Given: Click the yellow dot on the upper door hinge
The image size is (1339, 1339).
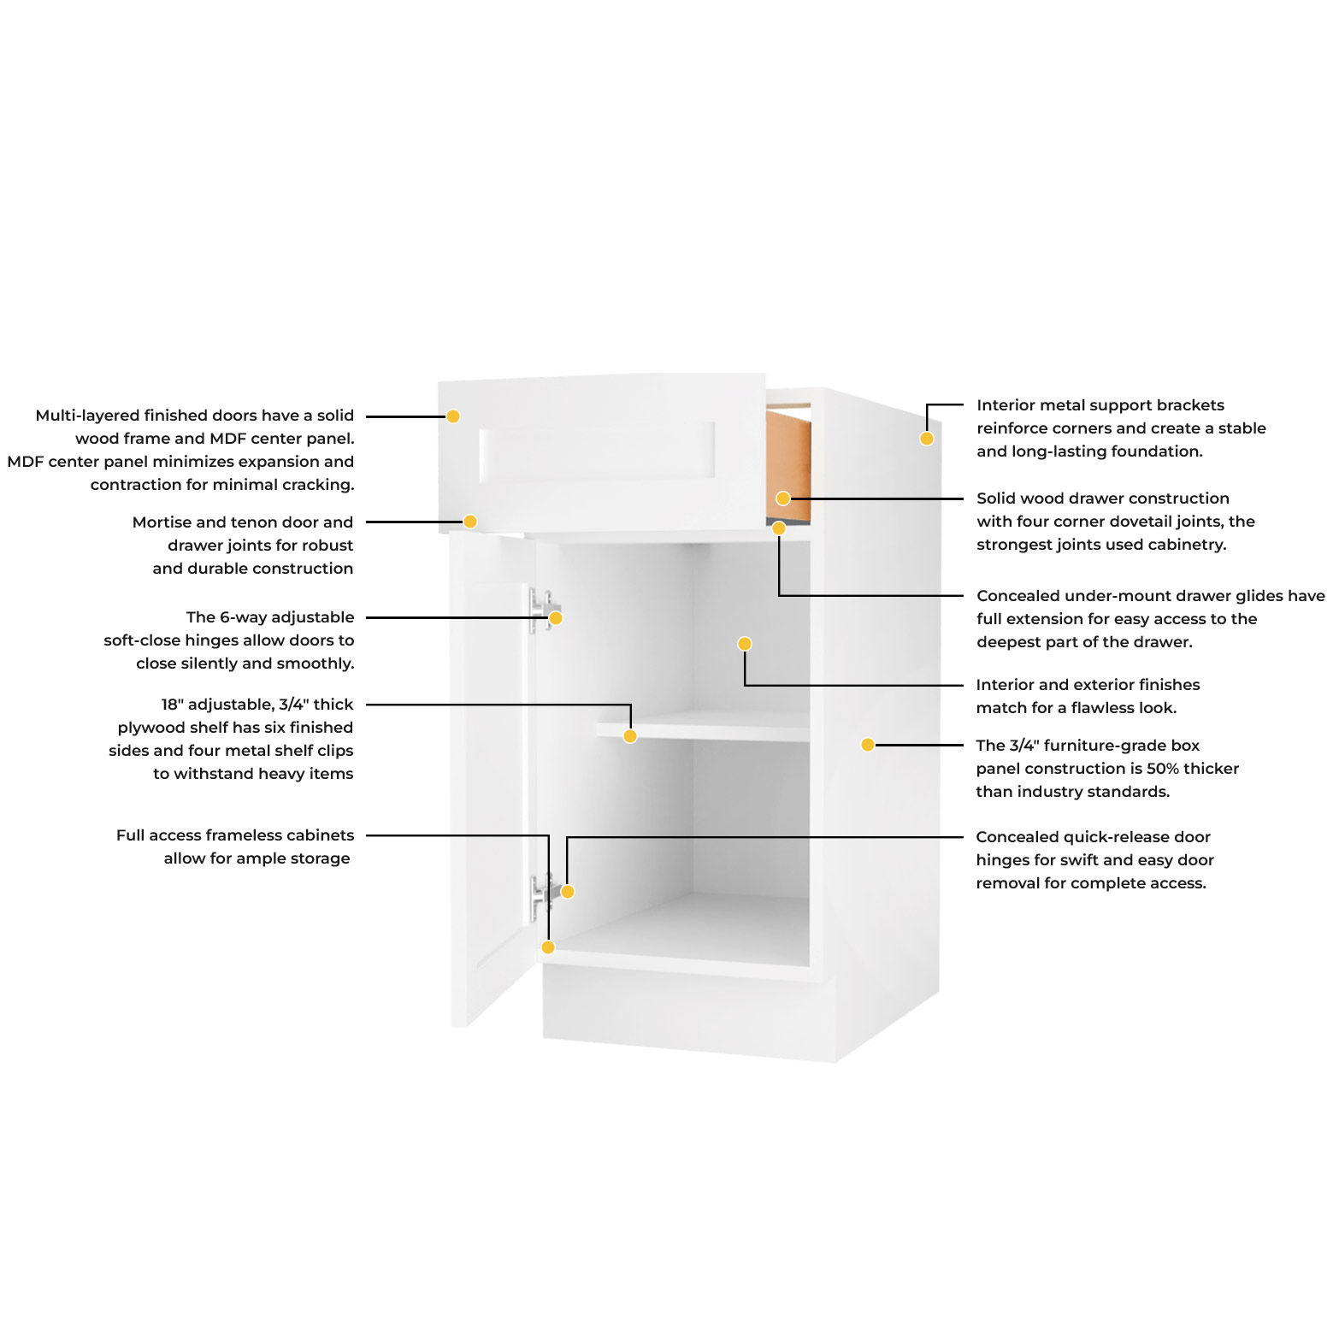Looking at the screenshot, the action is click(556, 618).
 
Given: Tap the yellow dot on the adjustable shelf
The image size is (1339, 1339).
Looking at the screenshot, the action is click(630, 736).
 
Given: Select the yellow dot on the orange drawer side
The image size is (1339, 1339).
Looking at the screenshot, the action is click(783, 498).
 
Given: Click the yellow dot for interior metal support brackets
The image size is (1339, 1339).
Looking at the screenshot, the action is click(927, 439).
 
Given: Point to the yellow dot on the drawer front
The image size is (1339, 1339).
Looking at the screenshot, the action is click(453, 416).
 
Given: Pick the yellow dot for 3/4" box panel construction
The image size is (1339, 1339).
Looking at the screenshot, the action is click(868, 745).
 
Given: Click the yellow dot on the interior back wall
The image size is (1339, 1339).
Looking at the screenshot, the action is click(745, 644).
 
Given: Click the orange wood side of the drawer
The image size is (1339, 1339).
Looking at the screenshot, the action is click(787, 466).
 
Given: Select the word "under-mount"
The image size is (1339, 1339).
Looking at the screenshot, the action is click(1115, 596).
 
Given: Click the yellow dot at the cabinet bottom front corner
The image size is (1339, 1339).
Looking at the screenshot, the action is click(548, 947).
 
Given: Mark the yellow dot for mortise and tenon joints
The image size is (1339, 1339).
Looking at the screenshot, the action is click(470, 522).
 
